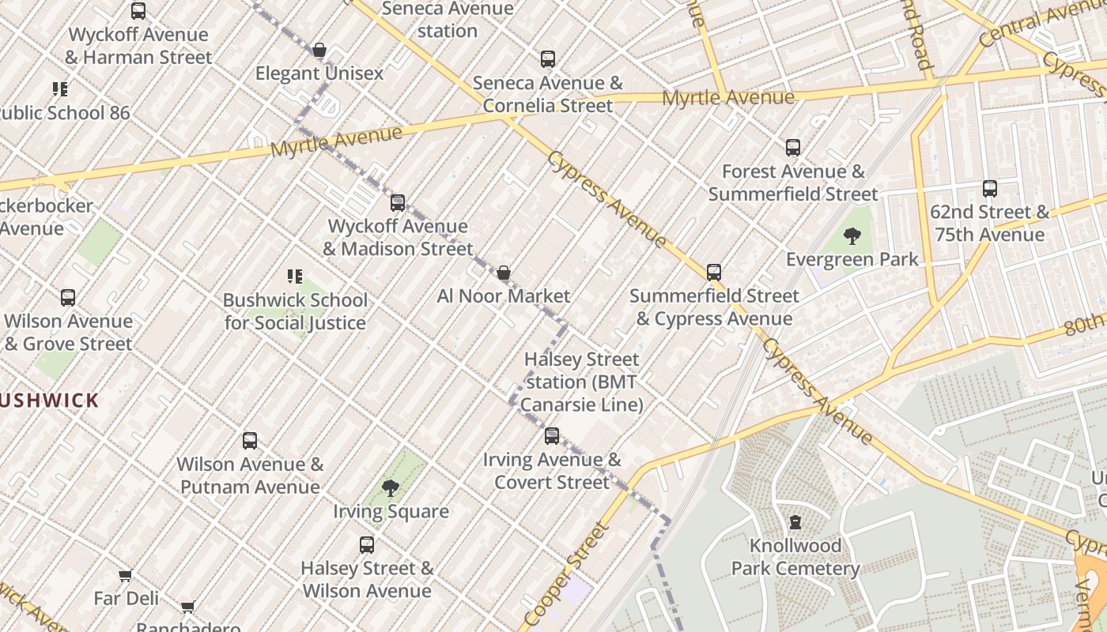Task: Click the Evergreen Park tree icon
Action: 852,235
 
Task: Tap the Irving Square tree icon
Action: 390,487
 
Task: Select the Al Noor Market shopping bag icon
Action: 503,273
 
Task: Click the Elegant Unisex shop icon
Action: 319,51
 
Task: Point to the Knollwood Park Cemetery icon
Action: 795,522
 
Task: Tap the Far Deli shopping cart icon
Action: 125,575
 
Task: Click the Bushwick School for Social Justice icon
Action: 294,276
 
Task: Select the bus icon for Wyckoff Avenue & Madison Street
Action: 398,203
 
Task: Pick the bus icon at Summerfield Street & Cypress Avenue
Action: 713,273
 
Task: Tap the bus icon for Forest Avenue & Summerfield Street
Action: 792,148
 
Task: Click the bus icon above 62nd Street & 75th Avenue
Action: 989,189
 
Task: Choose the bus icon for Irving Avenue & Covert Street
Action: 552,436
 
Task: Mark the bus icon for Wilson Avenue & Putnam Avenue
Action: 250,441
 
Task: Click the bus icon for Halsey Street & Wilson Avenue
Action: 367,545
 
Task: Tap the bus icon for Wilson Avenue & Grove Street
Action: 68,298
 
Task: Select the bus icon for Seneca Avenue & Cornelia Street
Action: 547,59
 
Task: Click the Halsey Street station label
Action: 581,382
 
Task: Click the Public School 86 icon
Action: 60,89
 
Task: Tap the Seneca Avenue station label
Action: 448,20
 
